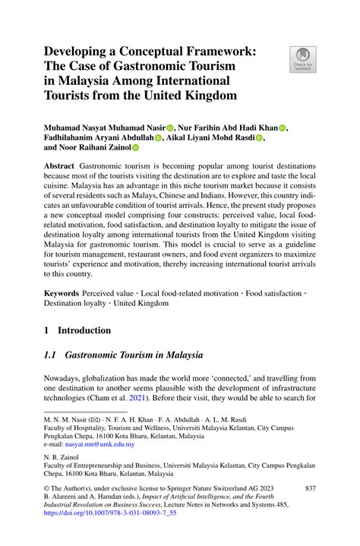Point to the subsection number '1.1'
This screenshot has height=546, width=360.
tap(50, 355)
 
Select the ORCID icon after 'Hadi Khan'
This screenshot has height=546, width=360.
tap(283, 127)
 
